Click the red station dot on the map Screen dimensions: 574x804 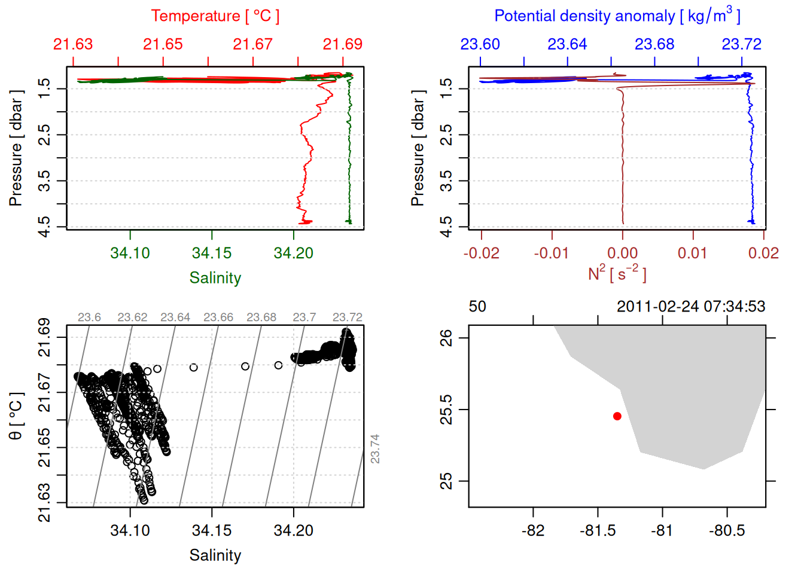pyautogui.click(x=617, y=416)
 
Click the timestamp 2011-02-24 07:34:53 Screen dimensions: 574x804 pyautogui.click(x=691, y=307)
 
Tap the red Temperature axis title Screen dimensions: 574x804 pyautogui.click(x=215, y=16)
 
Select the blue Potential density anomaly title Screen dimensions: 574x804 pyautogui.click(x=617, y=16)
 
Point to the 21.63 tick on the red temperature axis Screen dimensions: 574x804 pyautogui.click(x=73, y=44)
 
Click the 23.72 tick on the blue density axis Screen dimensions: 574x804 pyautogui.click(x=742, y=44)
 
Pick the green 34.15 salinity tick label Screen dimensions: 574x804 pyautogui.click(x=212, y=253)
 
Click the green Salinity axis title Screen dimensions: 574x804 pyautogui.click(x=215, y=278)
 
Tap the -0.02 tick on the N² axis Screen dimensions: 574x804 pyautogui.click(x=482, y=253)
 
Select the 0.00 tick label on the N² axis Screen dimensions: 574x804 pyautogui.click(x=623, y=253)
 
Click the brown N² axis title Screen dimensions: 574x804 pyautogui.click(x=617, y=274)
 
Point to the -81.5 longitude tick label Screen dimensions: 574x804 pyautogui.click(x=598, y=530)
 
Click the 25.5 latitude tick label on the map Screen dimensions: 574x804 pyautogui.click(x=446, y=410)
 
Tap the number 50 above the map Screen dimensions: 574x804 pyautogui.click(x=477, y=307)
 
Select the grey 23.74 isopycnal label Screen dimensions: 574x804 pyautogui.click(x=375, y=448)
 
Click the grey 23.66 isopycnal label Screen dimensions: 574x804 pyautogui.click(x=218, y=317)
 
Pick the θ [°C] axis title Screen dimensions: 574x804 pyautogui.click(x=16, y=416)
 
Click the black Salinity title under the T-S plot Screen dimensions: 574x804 pyautogui.click(x=215, y=555)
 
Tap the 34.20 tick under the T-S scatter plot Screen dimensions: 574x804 pyautogui.click(x=294, y=530)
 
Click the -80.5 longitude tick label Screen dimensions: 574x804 pyautogui.click(x=727, y=530)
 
